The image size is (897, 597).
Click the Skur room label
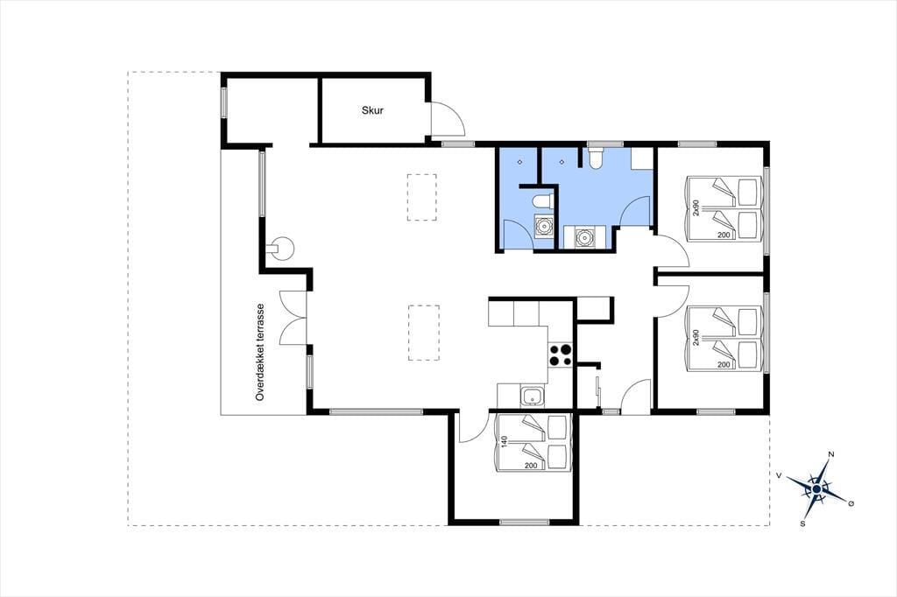[372, 110]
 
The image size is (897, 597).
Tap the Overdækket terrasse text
[260, 352]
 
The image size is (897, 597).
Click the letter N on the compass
[831, 454]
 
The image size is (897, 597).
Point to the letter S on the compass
[802, 523]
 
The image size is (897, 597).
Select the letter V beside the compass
[779, 474]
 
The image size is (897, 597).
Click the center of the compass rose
[816, 489]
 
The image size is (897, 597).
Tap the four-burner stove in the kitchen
[561, 355]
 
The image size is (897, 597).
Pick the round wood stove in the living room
[281, 249]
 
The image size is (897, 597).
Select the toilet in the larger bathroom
[595, 158]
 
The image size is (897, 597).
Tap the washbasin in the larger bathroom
[583, 236]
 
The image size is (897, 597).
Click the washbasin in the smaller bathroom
[543, 227]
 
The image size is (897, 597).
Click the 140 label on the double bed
[504, 441]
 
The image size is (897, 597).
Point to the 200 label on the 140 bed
[531, 466]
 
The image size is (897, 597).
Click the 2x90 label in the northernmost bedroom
[696, 208]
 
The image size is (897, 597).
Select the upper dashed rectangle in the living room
[421, 197]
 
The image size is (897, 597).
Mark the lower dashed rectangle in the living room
[424, 333]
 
